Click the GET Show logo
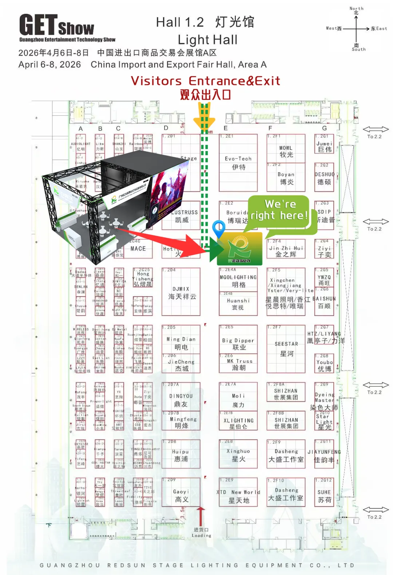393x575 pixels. (x=57, y=27)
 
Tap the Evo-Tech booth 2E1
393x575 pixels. (x=238, y=163)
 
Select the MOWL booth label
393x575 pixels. (x=286, y=151)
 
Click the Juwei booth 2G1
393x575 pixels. (x=325, y=146)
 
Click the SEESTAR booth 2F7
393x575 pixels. (x=286, y=348)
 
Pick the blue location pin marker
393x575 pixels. (x=219, y=228)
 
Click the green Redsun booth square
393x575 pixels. (x=239, y=249)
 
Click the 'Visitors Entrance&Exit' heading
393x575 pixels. (x=206, y=81)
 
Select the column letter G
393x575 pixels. (x=324, y=128)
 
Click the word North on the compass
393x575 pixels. (x=356, y=8)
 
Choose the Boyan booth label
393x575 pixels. (x=286, y=178)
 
